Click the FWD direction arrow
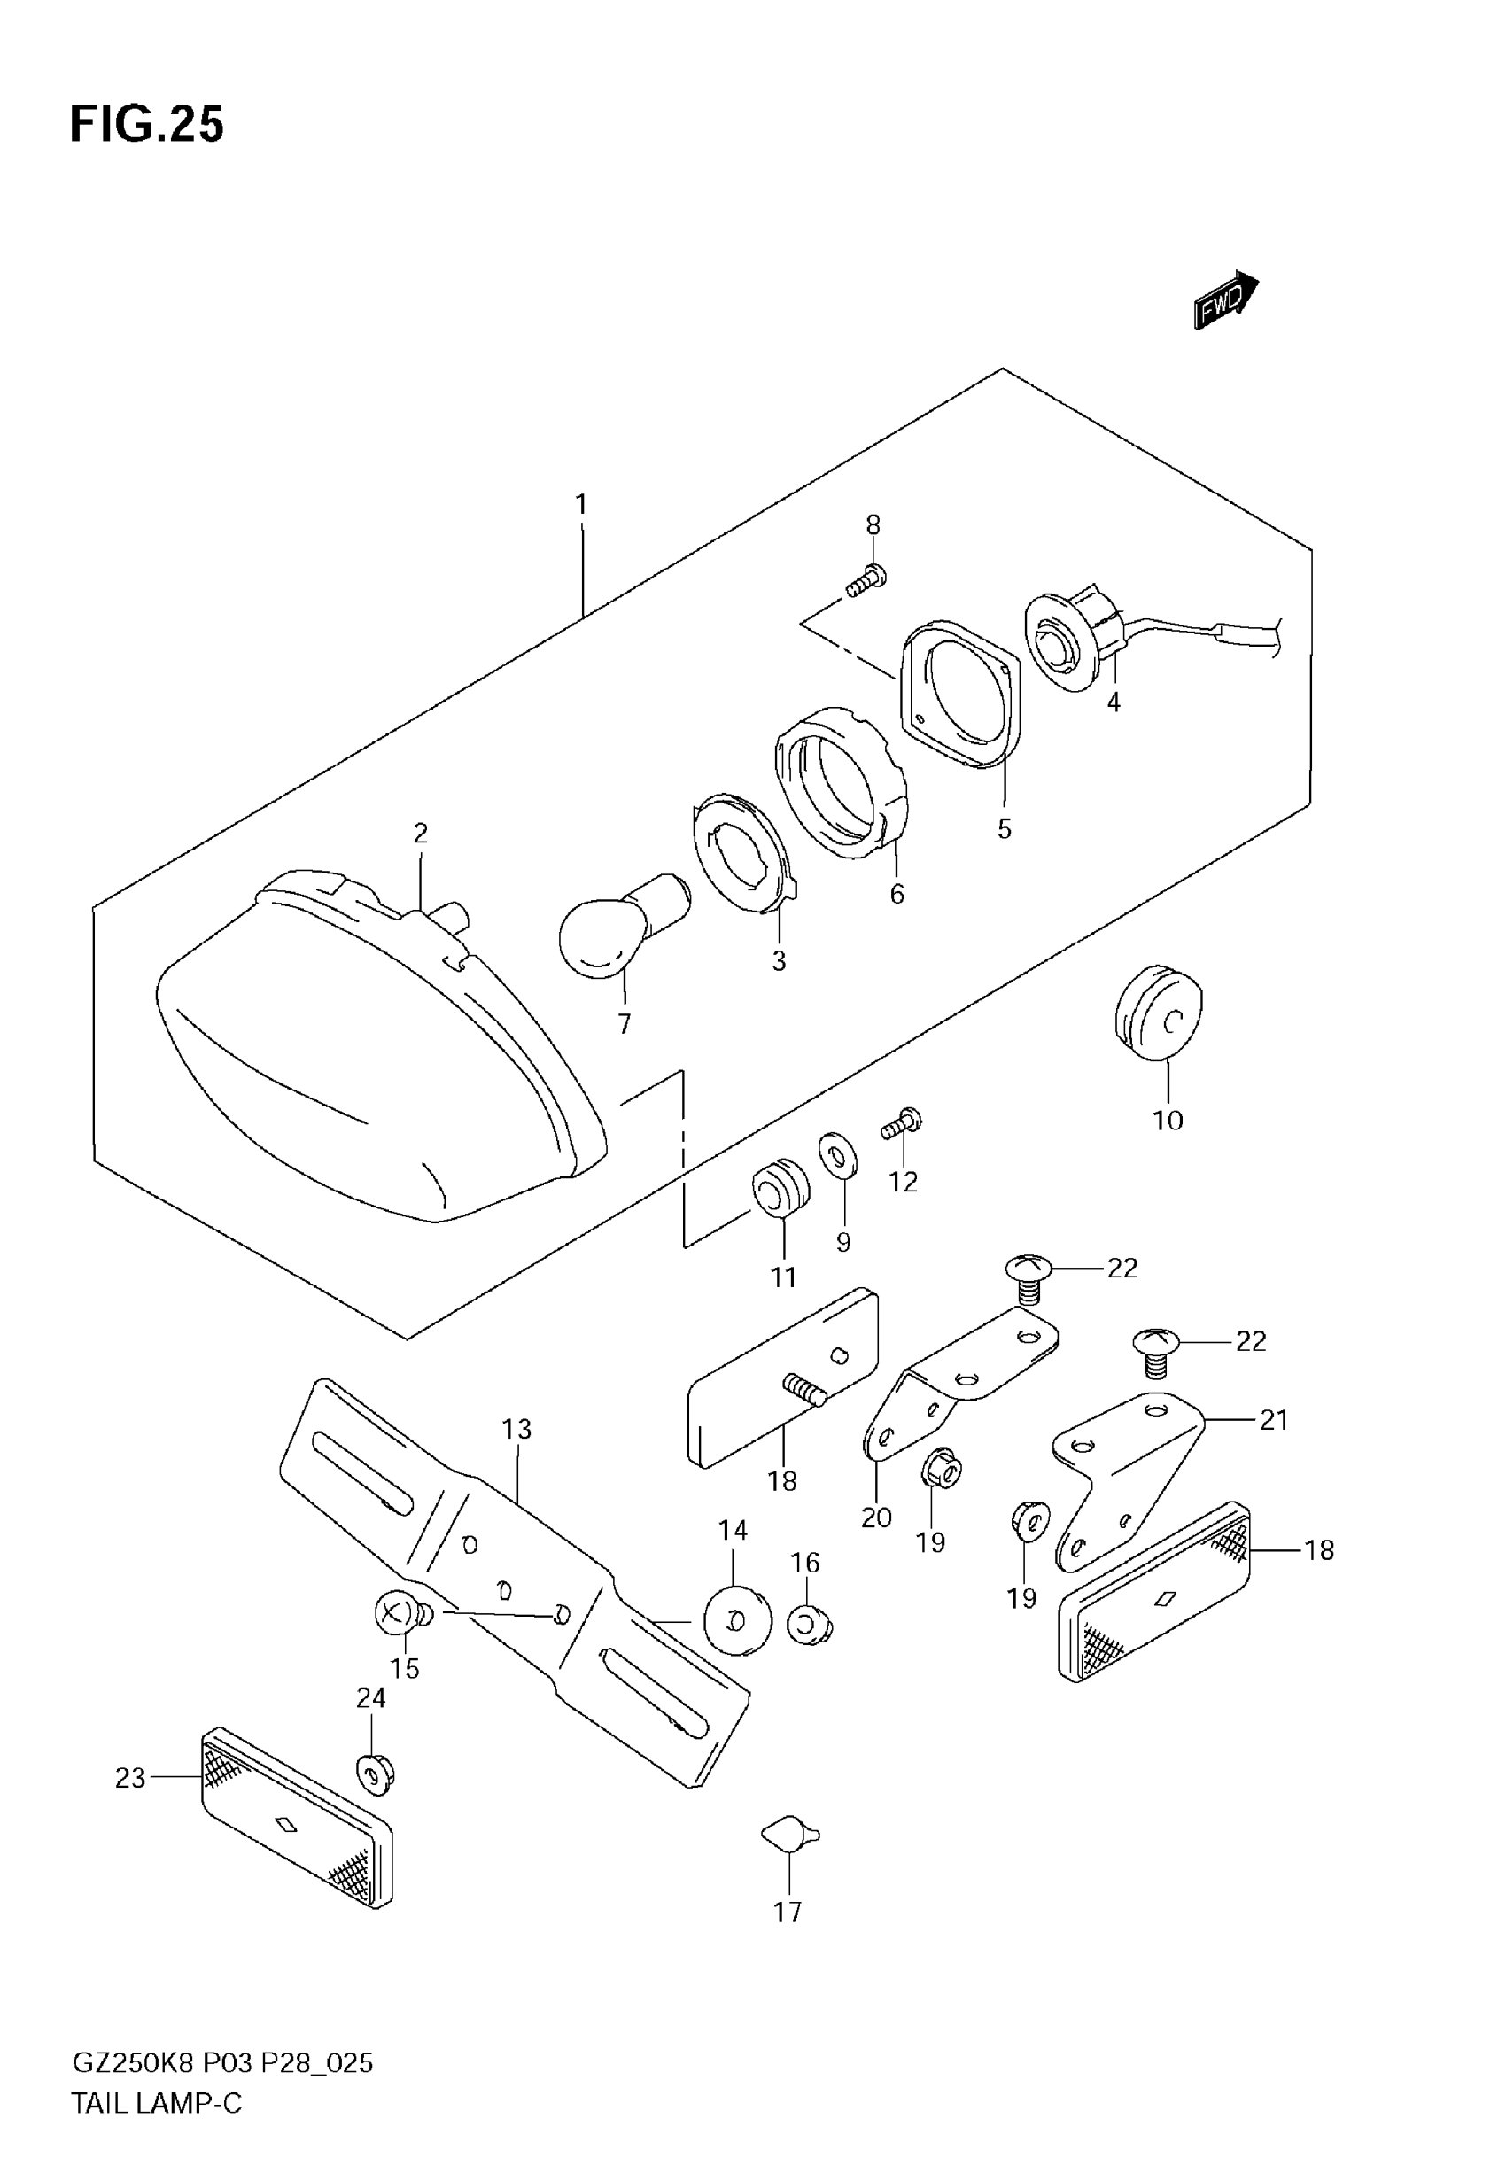click(1225, 300)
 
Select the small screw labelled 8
click(867, 582)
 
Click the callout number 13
click(517, 1429)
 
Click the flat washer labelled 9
click(838, 1155)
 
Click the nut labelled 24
click(375, 1774)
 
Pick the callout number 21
click(1274, 1420)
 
